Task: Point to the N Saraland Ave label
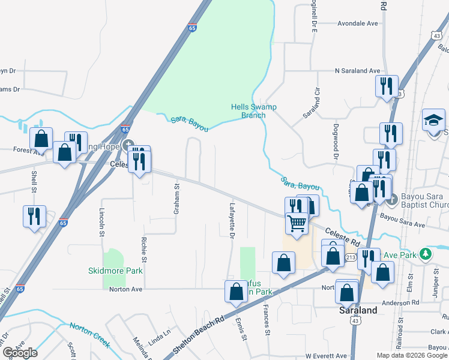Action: (x=358, y=71)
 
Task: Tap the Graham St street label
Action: (x=176, y=199)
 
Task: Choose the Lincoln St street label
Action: (x=101, y=223)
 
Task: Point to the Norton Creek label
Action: (x=89, y=335)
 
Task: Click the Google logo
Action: (x=20, y=353)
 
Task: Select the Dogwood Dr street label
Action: (x=335, y=141)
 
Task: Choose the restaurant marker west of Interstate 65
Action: (x=34, y=217)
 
